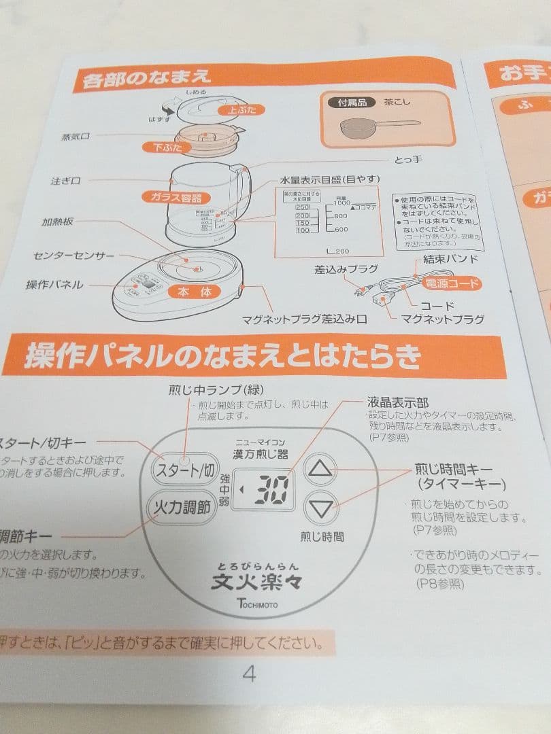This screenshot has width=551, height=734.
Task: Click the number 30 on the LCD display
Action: [270, 489]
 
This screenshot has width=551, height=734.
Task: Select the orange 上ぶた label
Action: [241, 109]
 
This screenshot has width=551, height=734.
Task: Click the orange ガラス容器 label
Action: [173, 197]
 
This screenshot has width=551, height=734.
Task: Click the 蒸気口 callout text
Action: [76, 137]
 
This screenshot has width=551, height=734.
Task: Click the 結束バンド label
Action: [450, 259]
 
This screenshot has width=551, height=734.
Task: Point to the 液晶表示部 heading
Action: [398, 403]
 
